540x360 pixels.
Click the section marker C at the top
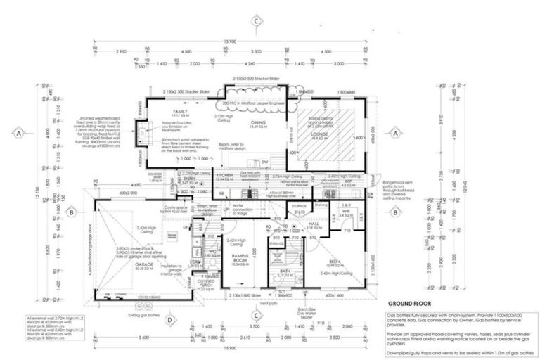click(257, 21)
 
